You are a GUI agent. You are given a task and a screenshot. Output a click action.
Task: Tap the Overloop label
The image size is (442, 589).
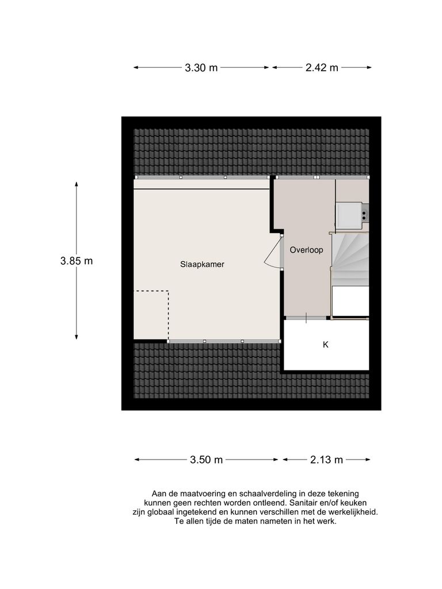306,250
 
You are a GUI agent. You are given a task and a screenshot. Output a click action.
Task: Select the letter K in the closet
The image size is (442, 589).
325,345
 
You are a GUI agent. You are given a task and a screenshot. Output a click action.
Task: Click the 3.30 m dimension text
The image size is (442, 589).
201,68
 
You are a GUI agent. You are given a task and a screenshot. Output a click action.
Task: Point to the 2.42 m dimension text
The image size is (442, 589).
322,68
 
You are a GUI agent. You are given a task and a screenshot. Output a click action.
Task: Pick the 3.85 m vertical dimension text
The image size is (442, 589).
77,261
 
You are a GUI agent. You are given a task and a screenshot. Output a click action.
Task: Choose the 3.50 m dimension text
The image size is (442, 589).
206,460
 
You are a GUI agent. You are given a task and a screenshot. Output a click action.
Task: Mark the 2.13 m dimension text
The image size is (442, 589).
326,460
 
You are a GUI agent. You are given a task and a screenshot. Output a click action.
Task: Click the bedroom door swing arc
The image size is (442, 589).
272,257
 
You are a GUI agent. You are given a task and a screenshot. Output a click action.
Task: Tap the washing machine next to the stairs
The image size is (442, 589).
350,215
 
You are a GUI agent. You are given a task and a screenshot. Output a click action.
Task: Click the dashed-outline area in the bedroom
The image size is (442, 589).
151,315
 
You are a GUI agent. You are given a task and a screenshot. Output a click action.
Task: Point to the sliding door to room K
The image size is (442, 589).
306,318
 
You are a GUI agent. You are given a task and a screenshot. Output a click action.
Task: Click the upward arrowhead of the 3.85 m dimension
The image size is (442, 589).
77,184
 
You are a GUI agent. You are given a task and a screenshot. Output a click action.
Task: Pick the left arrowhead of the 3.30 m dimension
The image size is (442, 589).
136,68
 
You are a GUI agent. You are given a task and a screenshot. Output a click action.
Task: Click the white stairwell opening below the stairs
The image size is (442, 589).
350,301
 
